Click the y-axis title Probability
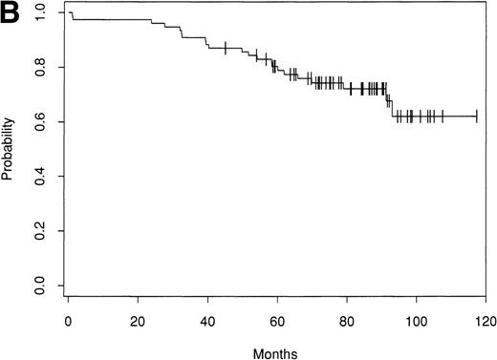click(11, 149)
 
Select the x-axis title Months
click(273, 352)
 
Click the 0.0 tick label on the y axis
click(39, 286)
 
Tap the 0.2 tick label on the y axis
click(39, 231)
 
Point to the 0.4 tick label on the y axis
click(39, 177)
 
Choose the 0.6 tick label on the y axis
click(39, 122)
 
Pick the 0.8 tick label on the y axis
click(39, 68)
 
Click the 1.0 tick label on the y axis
click(39, 13)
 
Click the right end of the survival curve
click(477, 116)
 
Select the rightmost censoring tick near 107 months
click(442, 116)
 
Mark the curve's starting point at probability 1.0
click(70, 12)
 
